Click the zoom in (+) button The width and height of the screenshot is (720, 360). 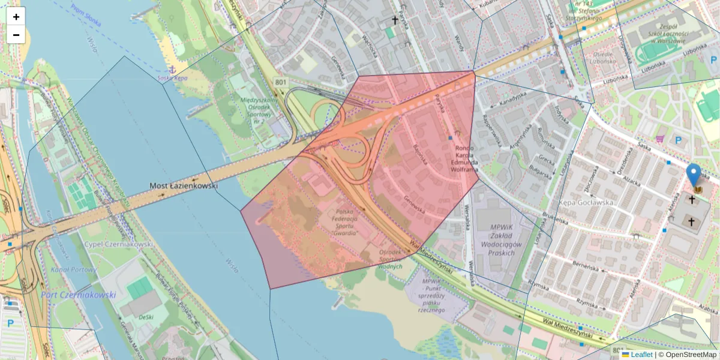16,17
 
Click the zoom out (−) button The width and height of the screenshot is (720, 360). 16,35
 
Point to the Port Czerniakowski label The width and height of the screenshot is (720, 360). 79,295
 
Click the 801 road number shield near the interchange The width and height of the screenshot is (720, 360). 280,81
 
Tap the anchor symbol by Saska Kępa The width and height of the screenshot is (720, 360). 172,70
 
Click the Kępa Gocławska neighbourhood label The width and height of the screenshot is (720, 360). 586,202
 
